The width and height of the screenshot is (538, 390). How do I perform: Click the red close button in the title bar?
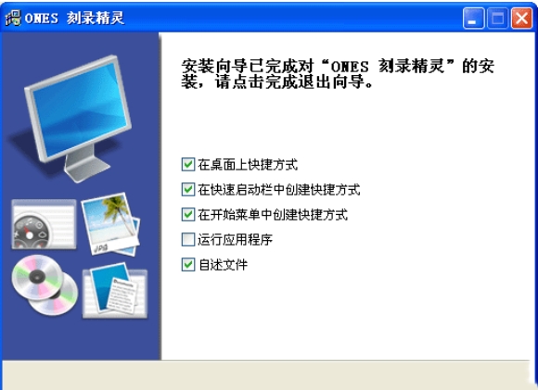click(521, 18)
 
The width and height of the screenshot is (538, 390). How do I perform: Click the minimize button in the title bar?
click(473, 18)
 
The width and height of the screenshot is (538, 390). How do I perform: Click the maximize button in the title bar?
click(497, 18)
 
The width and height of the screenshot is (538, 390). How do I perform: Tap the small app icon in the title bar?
click(13, 18)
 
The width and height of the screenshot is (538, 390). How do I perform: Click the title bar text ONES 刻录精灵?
click(74, 18)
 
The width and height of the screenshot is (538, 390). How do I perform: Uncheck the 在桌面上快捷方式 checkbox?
click(188, 165)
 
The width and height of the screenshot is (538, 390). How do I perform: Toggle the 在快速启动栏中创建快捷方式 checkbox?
click(188, 190)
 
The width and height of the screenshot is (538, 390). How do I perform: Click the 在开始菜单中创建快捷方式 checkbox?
click(188, 215)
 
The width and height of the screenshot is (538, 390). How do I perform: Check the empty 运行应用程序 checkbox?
click(188, 240)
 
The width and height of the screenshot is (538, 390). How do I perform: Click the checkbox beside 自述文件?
click(188, 265)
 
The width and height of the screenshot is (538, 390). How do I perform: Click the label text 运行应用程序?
click(235, 240)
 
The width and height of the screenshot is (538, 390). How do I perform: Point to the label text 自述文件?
click(223, 265)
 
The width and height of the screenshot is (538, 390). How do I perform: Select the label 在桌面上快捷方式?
click(248, 165)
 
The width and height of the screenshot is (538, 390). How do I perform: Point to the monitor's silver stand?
click(85, 164)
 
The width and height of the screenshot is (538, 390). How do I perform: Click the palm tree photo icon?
click(110, 223)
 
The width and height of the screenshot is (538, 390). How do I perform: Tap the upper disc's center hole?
click(37, 276)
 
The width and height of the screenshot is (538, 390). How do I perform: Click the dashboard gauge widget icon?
click(44, 224)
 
